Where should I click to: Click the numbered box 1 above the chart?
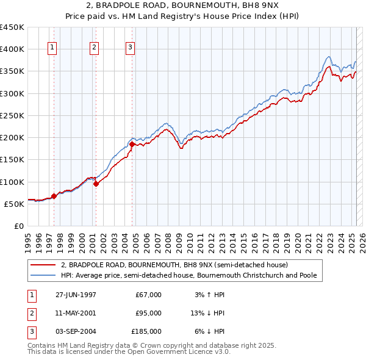point(52,48)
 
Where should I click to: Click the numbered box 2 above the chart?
point(95,48)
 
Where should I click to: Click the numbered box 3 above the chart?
point(131,48)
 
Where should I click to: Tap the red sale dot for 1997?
point(54,196)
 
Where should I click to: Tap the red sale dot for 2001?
point(96,184)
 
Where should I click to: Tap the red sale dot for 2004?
point(132,144)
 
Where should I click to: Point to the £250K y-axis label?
point(12,115)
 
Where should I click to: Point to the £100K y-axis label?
point(12,182)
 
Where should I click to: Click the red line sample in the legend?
point(42,265)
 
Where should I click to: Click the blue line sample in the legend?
point(42,276)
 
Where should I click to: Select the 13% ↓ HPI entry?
point(207,313)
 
